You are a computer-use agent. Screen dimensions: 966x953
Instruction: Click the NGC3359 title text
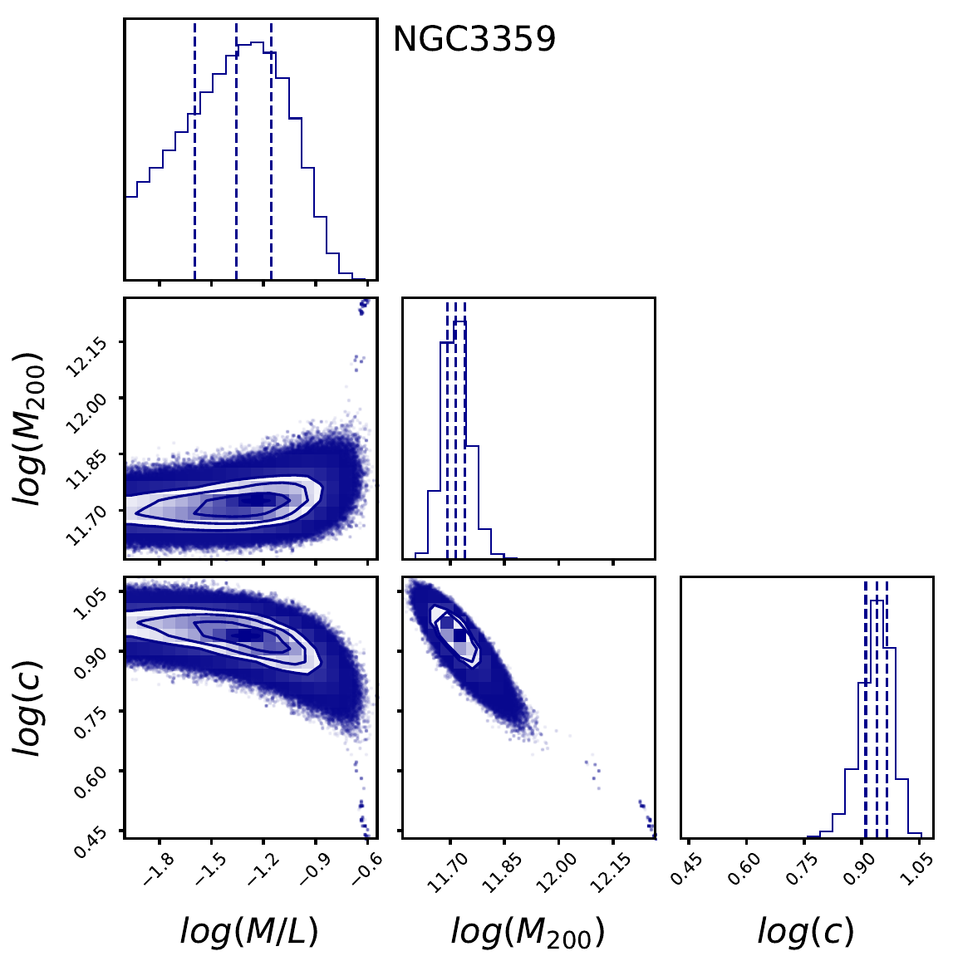[x=474, y=39]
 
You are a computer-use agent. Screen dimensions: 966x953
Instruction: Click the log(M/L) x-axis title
[x=249, y=932]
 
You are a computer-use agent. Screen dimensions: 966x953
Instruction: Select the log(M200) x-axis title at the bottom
[x=528, y=932]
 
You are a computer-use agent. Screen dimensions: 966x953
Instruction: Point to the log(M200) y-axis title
[x=32, y=428]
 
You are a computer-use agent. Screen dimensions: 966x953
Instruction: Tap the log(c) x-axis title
[x=805, y=932]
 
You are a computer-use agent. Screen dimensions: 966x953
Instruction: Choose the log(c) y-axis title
[x=32, y=707]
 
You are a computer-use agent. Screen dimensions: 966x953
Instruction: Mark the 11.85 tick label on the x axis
[x=498, y=873]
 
